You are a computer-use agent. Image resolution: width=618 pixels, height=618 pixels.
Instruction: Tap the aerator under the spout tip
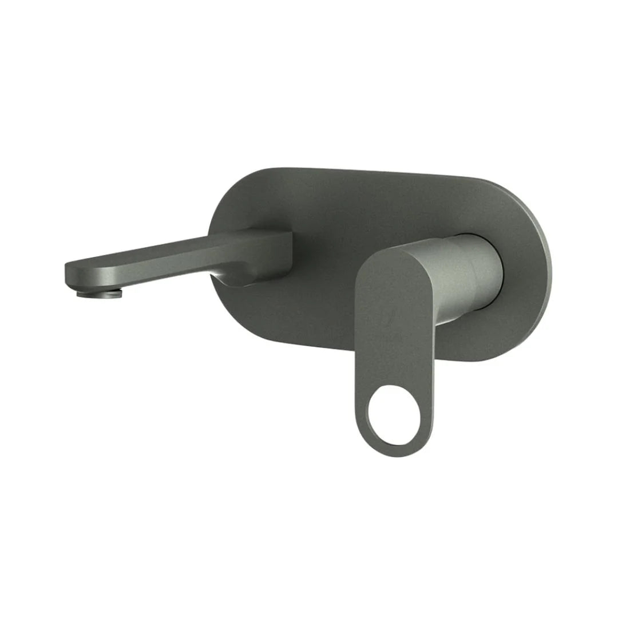[x=100, y=294]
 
